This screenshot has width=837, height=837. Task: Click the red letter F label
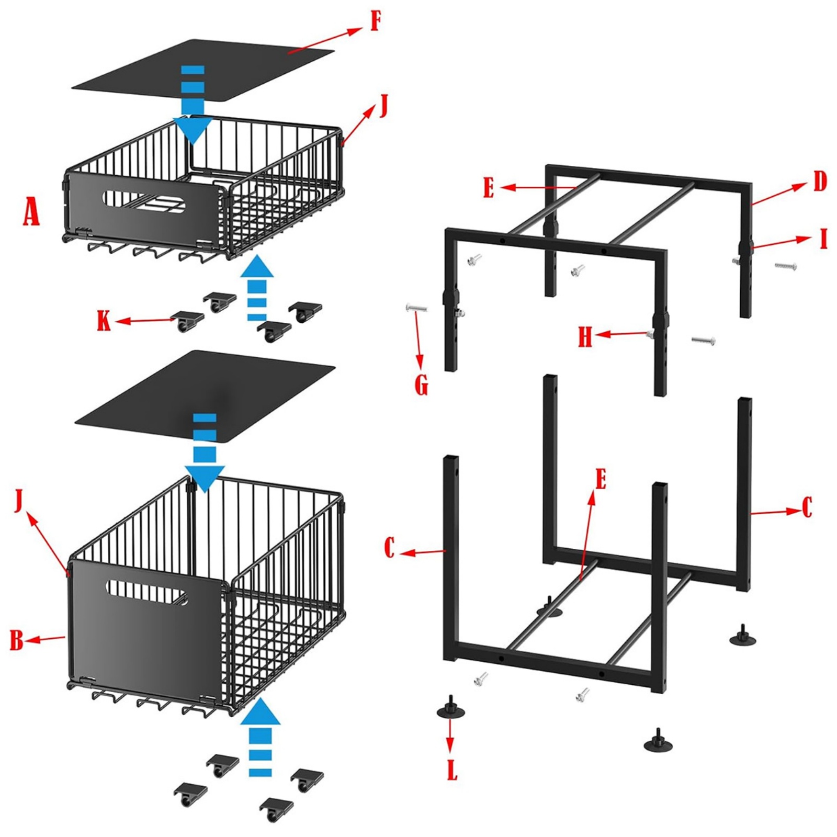pyautogui.click(x=375, y=22)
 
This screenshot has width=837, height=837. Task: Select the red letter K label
pyautogui.click(x=104, y=320)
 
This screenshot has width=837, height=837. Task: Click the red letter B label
pyautogui.click(x=17, y=639)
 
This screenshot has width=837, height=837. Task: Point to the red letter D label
pyautogui.click(x=820, y=182)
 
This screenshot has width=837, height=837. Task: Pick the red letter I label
pyautogui.click(x=824, y=240)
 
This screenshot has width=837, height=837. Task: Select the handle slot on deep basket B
pyautogui.click(x=147, y=592)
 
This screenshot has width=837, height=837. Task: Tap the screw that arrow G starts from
pyautogui.click(x=416, y=309)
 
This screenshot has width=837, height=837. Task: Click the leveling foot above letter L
pyautogui.click(x=451, y=708)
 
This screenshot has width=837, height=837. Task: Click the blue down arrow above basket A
pyautogui.click(x=193, y=105)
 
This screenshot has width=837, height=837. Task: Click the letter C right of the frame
pyautogui.click(x=807, y=507)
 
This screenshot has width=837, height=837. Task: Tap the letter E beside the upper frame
pyautogui.click(x=488, y=188)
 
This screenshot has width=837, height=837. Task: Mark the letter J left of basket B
pyautogui.click(x=19, y=502)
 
